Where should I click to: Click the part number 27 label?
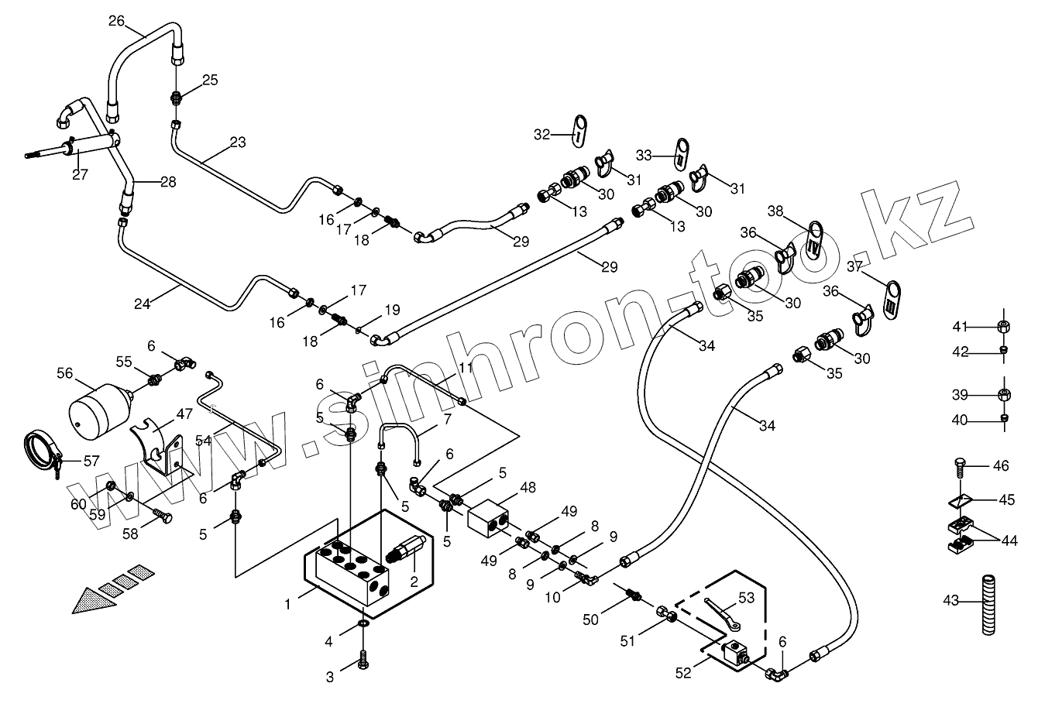[x=80, y=174]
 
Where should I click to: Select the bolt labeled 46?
[x=957, y=468]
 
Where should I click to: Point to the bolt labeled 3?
[x=363, y=663]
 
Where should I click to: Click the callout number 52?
[x=682, y=674]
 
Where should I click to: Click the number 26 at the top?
[x=116, y=21]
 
